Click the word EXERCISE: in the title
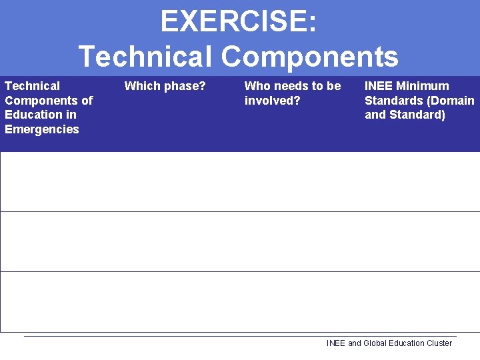coord(238,22)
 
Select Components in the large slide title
coord(310,56)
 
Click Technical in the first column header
coord(32,86)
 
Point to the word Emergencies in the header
coord(42,129)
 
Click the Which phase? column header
coord(165,86)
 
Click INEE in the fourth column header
coord(379,86)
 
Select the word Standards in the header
coord(393,101)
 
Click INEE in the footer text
coord(336,343)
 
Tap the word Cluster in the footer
coord(438,343)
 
